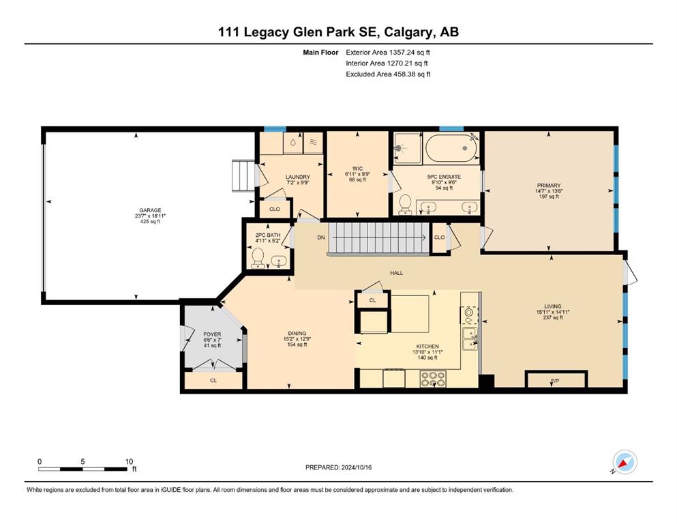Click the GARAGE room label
[x=150, y=210]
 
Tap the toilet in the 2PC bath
[x=258, y=258]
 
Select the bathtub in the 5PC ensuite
[x=451, y=148]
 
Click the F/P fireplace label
[x=555, y=381]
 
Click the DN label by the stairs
[x=321, y=237]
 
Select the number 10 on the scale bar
[x=129, y=461]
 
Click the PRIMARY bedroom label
[x=549, y=186]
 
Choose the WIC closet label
[x=357, y=169]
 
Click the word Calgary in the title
[x=408, y=32]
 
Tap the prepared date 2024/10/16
[x=356, y=467]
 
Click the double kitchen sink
[x=469, y=338]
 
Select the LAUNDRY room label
[x=298, y=177]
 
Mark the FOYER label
[x=212, y=334]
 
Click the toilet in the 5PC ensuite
[x=406, y=204]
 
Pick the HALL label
[x=396, y=273]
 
